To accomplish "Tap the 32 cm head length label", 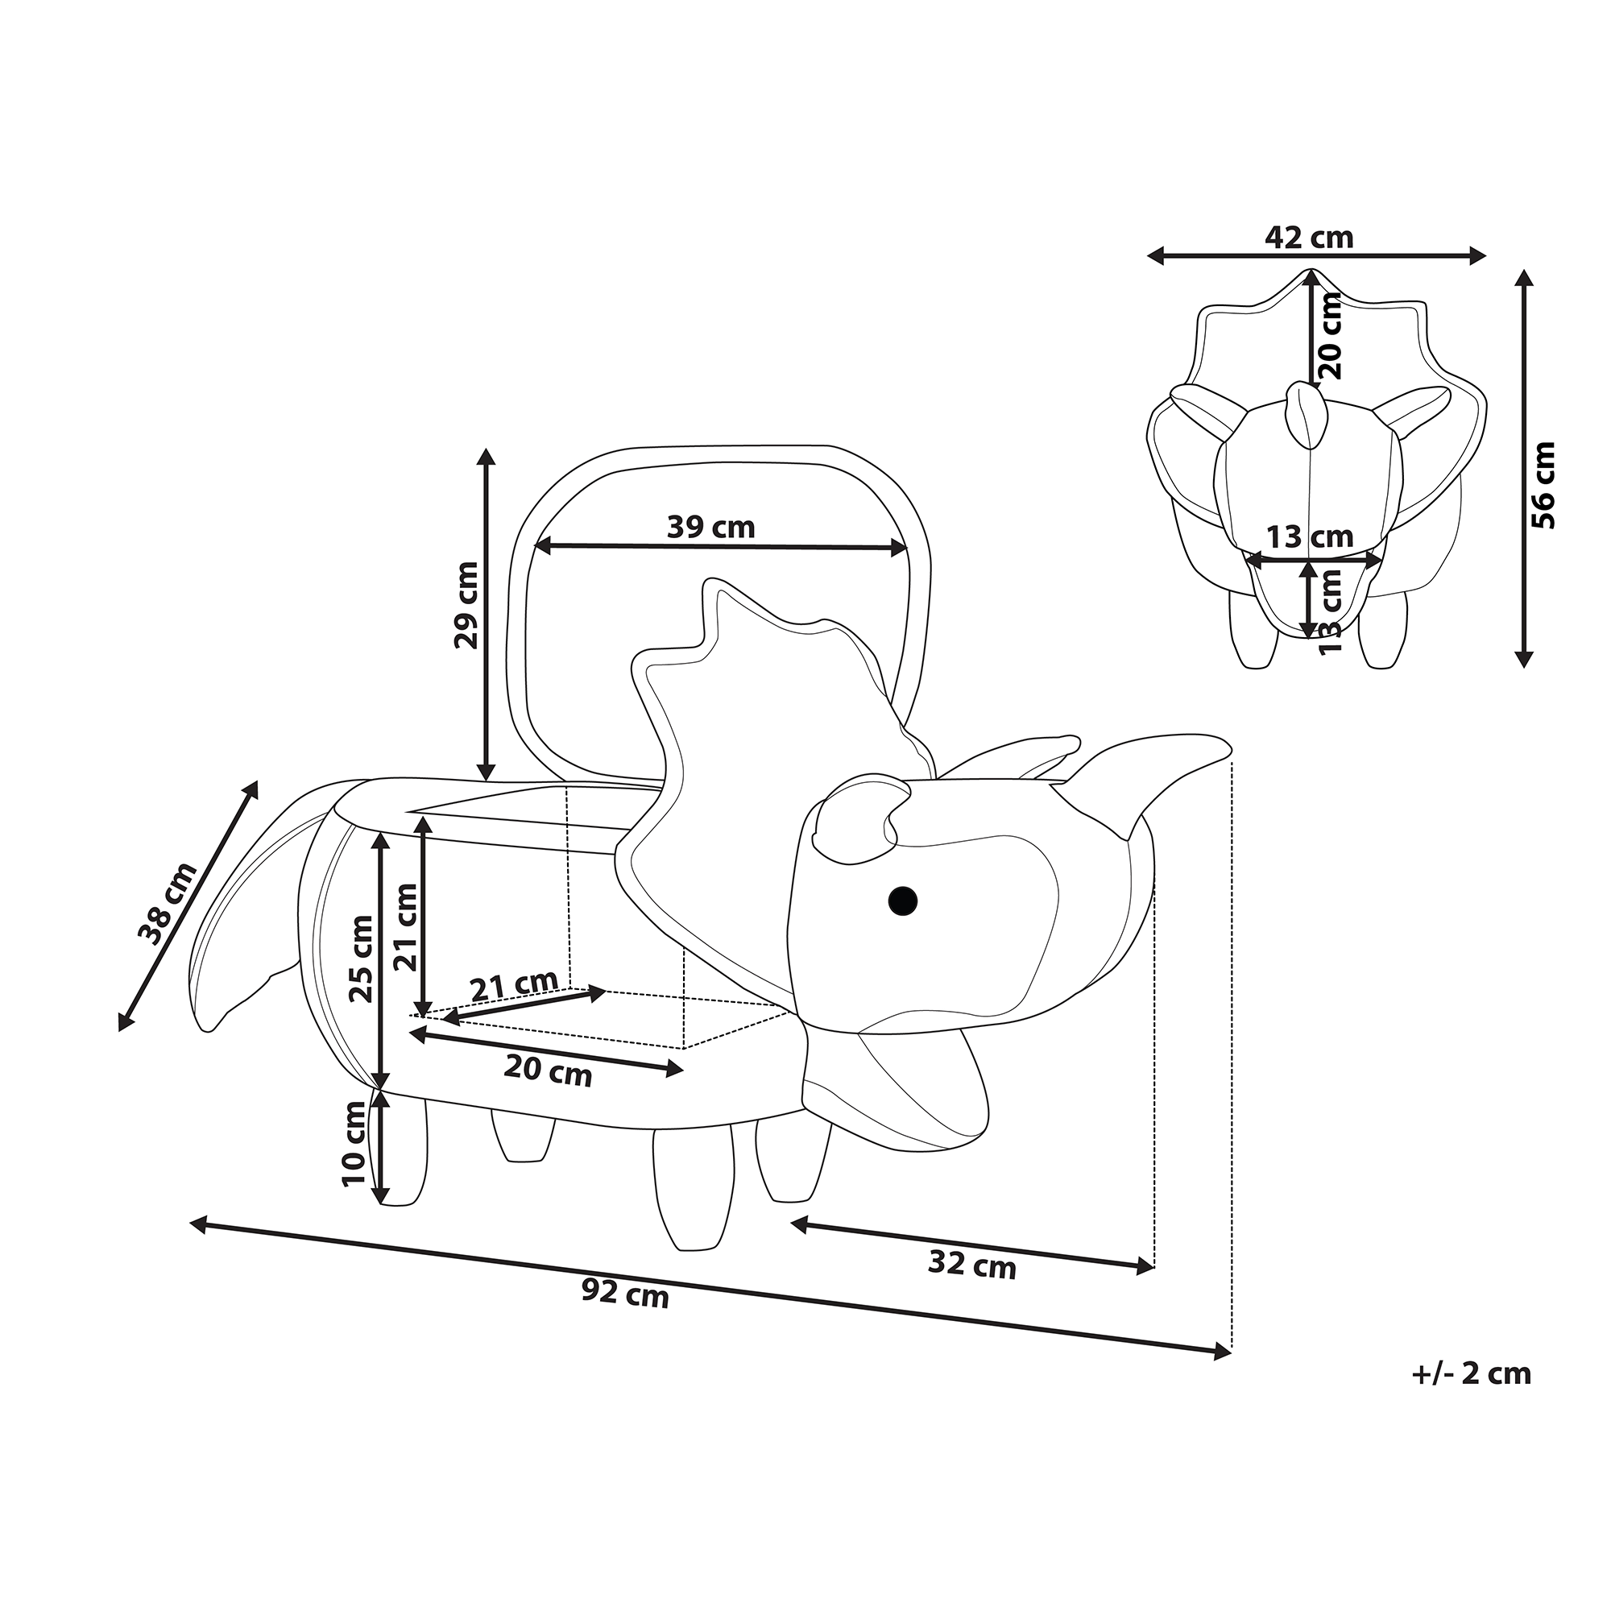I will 971,1265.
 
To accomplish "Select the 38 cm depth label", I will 168,903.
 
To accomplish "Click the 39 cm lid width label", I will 710,527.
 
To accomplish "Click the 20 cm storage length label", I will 548,1072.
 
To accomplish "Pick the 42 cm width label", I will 1308,238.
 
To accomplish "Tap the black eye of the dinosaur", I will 902,900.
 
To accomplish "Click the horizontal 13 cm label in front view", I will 1310,537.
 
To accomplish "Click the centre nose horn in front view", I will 1306,413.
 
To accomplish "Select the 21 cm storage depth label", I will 514,987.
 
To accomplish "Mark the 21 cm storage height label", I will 406,926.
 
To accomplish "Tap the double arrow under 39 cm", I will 720,548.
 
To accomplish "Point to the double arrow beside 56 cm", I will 1525,468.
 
